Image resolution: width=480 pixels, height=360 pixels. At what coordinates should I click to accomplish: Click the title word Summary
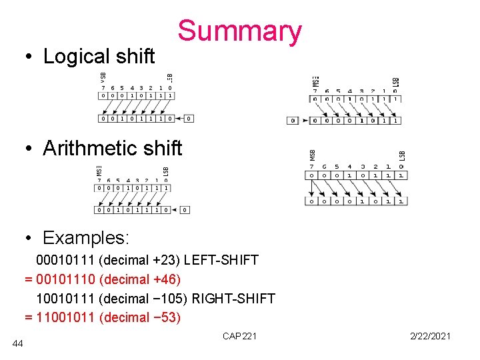tap(239, 31)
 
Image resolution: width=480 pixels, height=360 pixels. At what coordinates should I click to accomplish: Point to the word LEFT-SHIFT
tap(221, 260)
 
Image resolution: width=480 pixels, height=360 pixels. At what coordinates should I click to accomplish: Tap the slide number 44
tap(18, 343)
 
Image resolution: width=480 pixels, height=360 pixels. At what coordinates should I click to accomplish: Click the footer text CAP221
tap(239, 336)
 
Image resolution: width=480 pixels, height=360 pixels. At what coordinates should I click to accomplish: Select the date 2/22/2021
tap(431, 336)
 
